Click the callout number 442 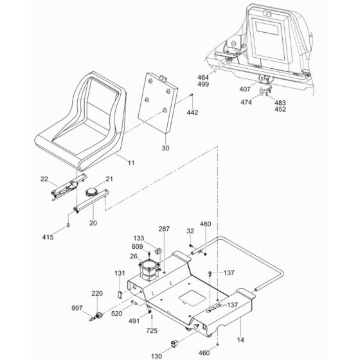pyautogui.click(x=192, y=113)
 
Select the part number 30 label pyautogui.click(x=165, y=148)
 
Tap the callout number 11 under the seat pyautogui.click(x=131, y=163)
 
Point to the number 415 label pyautogui.click(x=48, y=237)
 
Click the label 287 pyautogui.click(x=164, y=229)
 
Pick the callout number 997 pyautogui.click(x=76, y=308)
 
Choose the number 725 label pyautogui.click(x=152, y=330)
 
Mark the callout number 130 pyautogui.click(x=156, y=356)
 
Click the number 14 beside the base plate pyautogui.click(x=240, y=340)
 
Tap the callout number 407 pyautogui.click(x=245, y=89)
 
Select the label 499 pyautogui.click(x=203, y=84)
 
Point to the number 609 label pyautogui.click(x=137, y=247)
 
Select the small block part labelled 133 pyautogui.click(x=157, y=251)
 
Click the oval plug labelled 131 pyautogui.click(x=120, y=294)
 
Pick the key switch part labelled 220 pyautogui.click(x=99, y=315)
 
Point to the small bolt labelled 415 pyautogui.click(x=68, y=225)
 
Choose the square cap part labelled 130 pyautogui.click(x=174, y=344)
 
